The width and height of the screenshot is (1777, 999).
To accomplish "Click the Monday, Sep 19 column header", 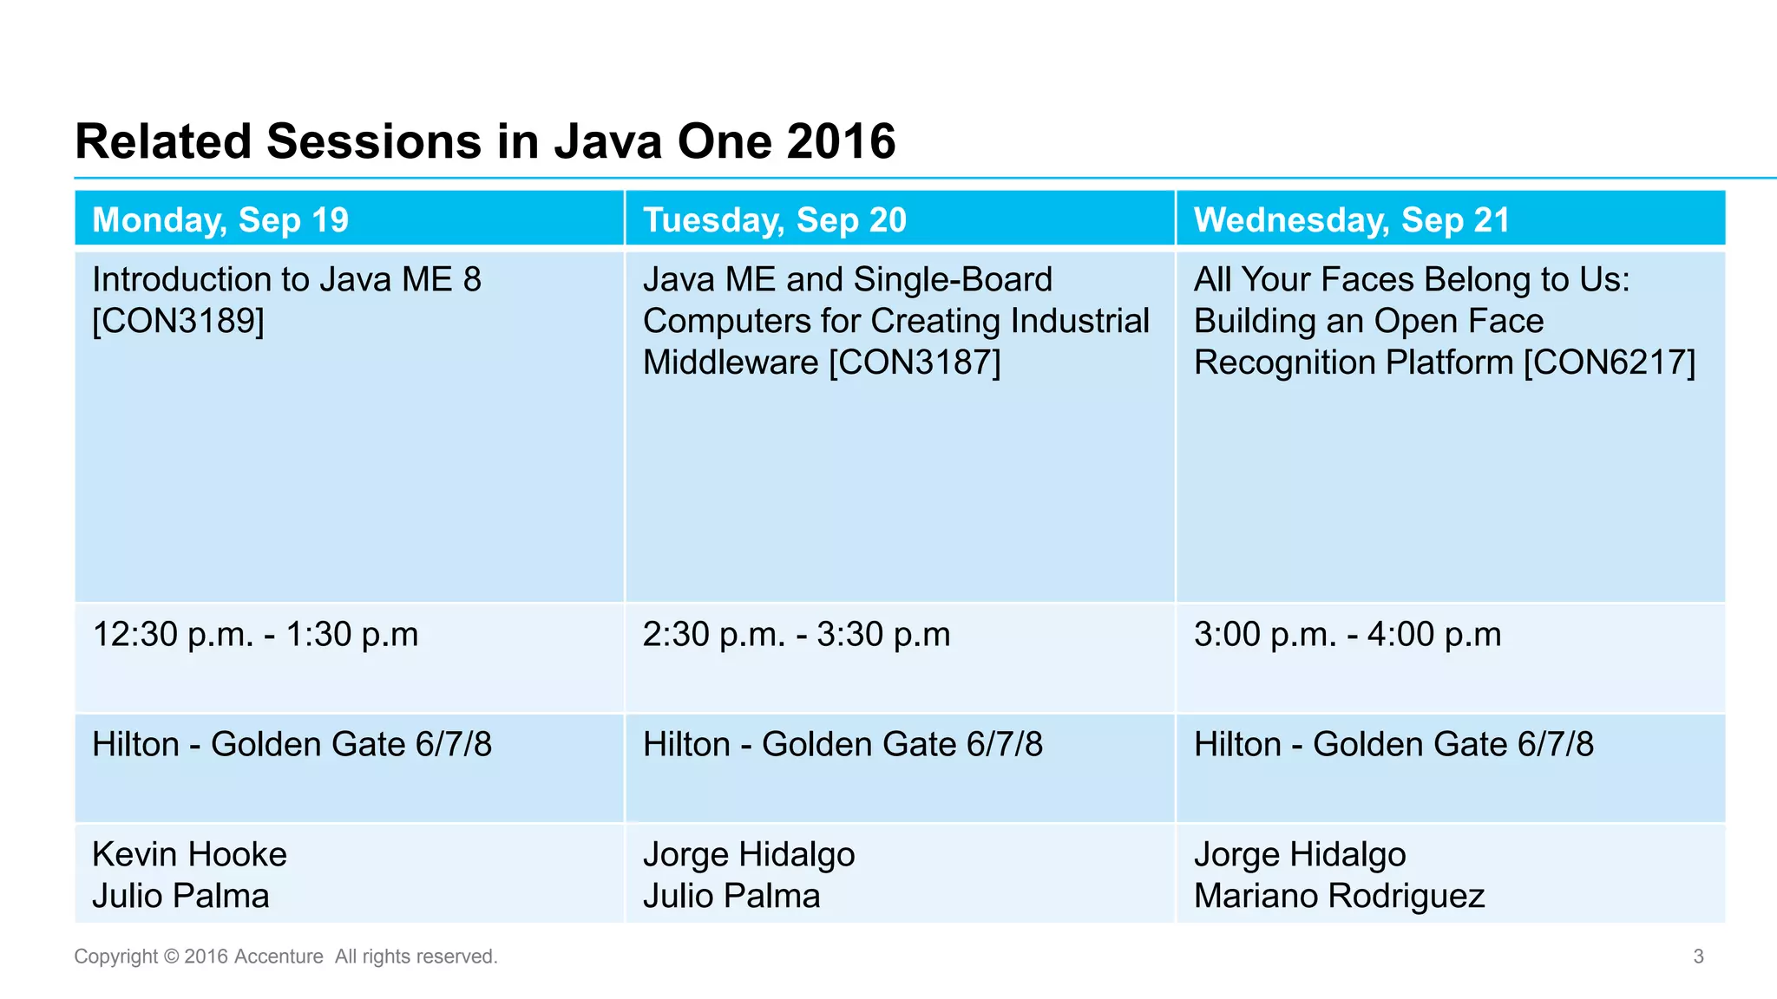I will (220, 220).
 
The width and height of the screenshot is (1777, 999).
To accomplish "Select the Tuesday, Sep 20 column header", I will (774, 220).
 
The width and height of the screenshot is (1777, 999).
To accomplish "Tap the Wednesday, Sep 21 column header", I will (1351, 220).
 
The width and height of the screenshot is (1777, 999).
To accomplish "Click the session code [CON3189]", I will (178, 321).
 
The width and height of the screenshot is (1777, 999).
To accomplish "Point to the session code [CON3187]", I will (915, 362).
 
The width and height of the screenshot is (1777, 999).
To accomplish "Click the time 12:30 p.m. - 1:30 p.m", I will (255, 635).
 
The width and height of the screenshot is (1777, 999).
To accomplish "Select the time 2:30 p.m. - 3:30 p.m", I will (796, 635).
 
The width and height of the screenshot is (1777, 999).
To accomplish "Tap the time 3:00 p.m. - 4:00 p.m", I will (1347, 635).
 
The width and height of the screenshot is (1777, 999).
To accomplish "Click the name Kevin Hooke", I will (189, 855).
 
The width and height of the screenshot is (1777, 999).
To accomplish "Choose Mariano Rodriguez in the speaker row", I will (1339, 897).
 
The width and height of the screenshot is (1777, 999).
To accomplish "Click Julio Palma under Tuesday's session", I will (731, 897).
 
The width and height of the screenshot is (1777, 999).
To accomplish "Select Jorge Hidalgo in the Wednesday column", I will (1299, 855).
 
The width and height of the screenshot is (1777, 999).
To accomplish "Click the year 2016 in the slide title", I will (840, 141).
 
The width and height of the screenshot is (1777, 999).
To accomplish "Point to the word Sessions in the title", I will (373, 141).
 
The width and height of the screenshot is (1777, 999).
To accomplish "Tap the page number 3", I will (1698, 957).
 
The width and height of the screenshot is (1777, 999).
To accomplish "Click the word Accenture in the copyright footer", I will (279, 957).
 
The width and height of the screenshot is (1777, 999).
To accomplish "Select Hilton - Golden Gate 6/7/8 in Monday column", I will (292, 745).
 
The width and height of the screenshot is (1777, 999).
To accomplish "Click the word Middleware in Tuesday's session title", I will (730, 362).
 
